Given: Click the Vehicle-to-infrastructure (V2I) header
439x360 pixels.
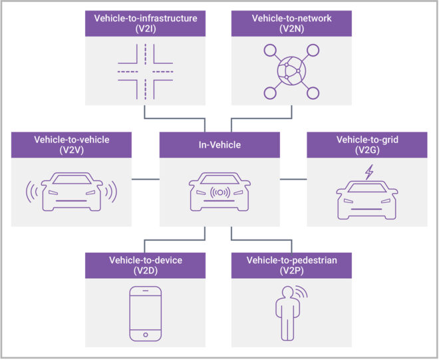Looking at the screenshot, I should tap(146, 23).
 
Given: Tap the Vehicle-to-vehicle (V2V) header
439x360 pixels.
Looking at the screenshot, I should tap(72, 144).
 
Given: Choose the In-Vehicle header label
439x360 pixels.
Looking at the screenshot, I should tap(219, 144).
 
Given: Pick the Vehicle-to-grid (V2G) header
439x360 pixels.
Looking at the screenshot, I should tap(366, 144).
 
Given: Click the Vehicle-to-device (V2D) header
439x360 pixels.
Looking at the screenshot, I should tap(146, 266).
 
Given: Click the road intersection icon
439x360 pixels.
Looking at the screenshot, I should tap(146, 70).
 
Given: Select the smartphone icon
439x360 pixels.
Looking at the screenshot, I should tap(145, 313).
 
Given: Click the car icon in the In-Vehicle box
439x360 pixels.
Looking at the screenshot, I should tap(219, 195).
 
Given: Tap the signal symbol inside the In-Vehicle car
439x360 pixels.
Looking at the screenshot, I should tap(219, 194).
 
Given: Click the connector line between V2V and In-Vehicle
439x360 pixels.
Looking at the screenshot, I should tap(146, 178).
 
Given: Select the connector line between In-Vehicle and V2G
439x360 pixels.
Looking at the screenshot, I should tap(293, 178).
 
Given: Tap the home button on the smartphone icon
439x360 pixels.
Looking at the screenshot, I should tap(145, 334).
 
